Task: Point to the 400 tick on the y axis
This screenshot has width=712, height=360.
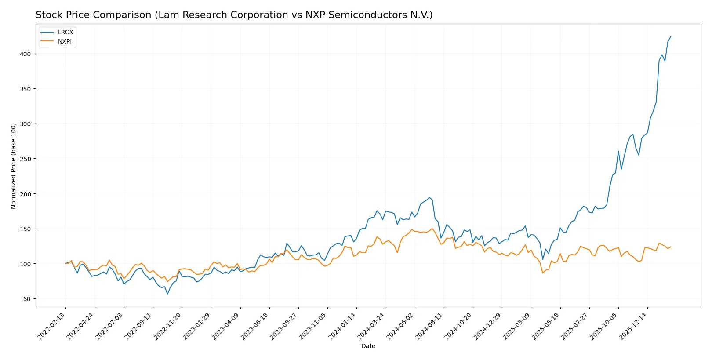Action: tap(25, 54)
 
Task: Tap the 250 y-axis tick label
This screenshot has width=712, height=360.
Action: tap(25, 159)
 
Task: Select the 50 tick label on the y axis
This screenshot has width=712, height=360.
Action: tap(27, 299)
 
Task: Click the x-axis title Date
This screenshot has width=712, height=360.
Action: tap(368, 346)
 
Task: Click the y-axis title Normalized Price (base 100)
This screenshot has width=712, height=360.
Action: tap(14, 166)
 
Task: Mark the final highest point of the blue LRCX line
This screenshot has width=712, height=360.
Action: tap(671, 36)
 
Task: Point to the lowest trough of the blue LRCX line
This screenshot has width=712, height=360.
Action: tap(167, 294)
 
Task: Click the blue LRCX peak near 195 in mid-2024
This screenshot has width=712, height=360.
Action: tap(429, 197)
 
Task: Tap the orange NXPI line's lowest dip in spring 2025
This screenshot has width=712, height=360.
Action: tap(543, 273)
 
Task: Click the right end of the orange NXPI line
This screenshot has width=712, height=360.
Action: tap(671, 247)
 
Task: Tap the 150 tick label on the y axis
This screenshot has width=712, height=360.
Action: tap(25, 229)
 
